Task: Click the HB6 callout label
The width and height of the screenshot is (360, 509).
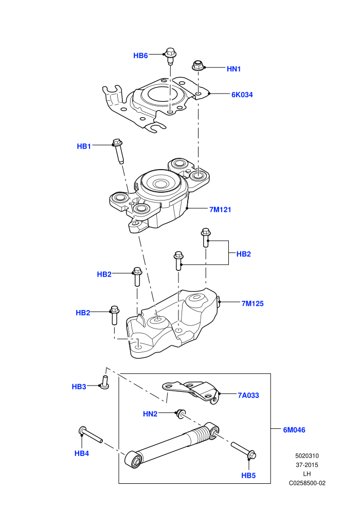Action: coord(140,56)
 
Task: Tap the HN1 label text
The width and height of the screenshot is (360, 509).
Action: coord(233,69)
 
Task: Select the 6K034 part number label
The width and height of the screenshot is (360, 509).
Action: coord(242,95)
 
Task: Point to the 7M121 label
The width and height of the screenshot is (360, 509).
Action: coord(221,210)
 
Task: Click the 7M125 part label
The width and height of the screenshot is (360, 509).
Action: coord(253,303)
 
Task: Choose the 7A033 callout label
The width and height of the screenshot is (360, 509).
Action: coord(248,395)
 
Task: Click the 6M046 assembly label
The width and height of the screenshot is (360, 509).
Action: coord(294,430)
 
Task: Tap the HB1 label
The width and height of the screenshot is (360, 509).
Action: coord(84,147)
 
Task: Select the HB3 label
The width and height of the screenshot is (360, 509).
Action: coord(79,387)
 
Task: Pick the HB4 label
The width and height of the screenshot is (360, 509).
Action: coord(82,453)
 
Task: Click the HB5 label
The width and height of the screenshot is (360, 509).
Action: coord(248,476)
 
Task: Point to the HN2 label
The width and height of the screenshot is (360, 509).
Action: coord(150,414)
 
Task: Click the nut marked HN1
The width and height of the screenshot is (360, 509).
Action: coord(197,65)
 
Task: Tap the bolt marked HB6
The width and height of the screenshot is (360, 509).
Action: coord(170,56)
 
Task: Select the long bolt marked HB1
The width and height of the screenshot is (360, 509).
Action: coord(118,151)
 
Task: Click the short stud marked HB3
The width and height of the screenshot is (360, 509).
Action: coord(104,382)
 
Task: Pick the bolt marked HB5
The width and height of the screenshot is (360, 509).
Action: coord(244,450)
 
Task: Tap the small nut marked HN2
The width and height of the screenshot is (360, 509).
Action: coord(180,414)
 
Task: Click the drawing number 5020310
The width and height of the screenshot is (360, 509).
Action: coord(307,456)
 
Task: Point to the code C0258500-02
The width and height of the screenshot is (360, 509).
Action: coord(307,483)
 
